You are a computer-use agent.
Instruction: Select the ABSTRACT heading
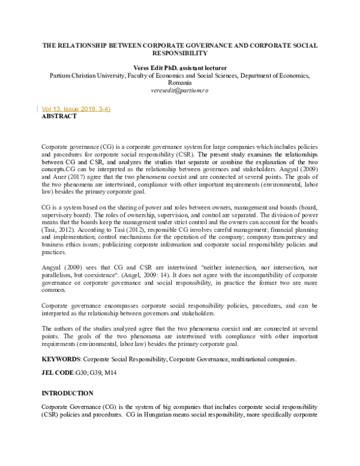(59, 117)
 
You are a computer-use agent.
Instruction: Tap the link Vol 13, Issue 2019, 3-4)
(76, 109)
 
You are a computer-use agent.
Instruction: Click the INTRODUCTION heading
(67, 393)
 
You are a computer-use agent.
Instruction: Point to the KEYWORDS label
(60, 359)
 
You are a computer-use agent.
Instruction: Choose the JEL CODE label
(57, 373)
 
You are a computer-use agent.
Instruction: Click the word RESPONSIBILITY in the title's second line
(180, 53)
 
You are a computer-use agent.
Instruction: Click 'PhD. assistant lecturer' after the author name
(202, 68)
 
